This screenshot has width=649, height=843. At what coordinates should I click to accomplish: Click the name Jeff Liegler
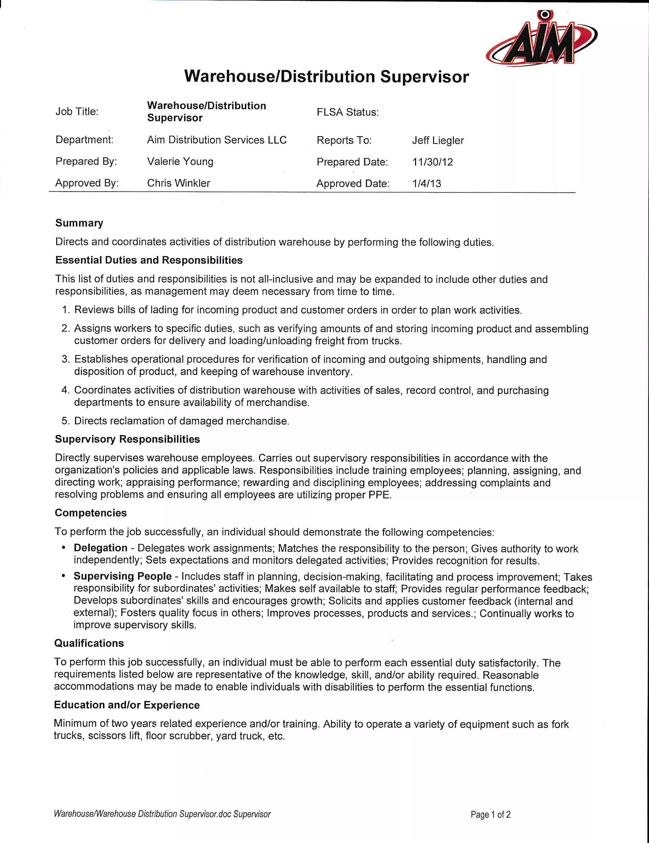[x=438, y=140]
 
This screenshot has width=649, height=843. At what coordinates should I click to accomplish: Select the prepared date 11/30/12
[x=432, y=162]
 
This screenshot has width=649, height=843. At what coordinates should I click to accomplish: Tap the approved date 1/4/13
[x=427, y=183]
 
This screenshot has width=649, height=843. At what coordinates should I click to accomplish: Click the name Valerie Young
[x=180, y=161]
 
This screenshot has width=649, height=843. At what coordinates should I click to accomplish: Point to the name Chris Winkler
[x=178, y=183]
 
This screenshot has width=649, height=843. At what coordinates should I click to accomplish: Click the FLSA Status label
[x=347, y=112]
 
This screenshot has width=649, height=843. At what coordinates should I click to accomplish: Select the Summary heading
[x=80, y=223]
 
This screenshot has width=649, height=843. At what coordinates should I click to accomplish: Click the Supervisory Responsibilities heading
[x=127, y=439]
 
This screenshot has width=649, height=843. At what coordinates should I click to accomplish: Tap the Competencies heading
[x=91, y=513]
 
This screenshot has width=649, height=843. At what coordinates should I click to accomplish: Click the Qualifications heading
[x=89, y=644]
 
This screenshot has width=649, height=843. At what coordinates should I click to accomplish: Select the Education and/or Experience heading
[x=127, y=705]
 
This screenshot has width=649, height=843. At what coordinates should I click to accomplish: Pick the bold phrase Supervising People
[x=123, y=576]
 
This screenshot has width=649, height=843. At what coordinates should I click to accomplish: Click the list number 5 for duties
[x=65, y=421]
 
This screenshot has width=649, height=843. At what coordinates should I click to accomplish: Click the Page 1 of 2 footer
[x=491, y=815]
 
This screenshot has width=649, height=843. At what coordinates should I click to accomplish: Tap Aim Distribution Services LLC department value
[x=217, y=140]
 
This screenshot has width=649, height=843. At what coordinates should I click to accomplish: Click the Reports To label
[x=344, y=140]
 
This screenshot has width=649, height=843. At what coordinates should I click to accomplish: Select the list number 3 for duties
[x=65, y=360]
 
